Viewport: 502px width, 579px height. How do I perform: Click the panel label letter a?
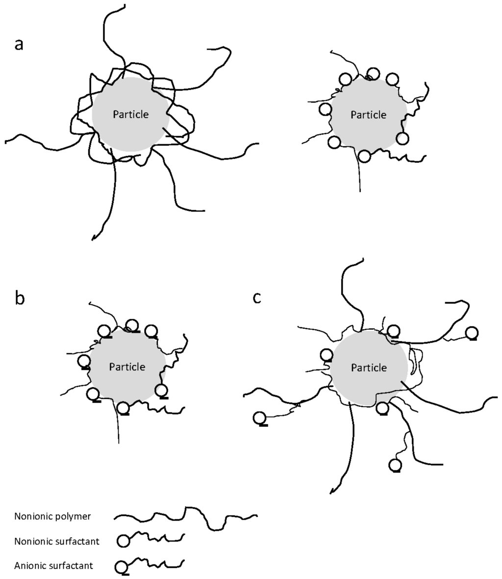pyautogui.click(x=19, y=44)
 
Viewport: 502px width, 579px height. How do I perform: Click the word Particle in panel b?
pyautogui.click(x=127, y=367)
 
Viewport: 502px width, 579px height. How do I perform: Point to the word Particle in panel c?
pyautogui.click(x=369, y=368)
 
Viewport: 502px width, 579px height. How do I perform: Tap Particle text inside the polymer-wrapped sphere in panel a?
pyautogui.click(x=131, y=114)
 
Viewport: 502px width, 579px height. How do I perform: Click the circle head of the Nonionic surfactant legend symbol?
pyautogui.click(x=123, y=541)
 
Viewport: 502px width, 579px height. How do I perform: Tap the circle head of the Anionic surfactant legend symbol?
pyautogui.click(x=121, y=567)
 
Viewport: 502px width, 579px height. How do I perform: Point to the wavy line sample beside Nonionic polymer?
pyautogui.click(x=185, y=517)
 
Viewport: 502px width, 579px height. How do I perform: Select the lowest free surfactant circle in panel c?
pyautogui.click(x=394, y=464)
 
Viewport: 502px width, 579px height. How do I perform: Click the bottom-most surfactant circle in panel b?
pyautogui.click(x=124, y=407)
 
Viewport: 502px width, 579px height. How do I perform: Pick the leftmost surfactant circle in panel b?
pyautogui.click(x=84, y=361)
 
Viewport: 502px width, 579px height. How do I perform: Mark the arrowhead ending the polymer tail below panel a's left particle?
pyautogui.click(x=94, y=238)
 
